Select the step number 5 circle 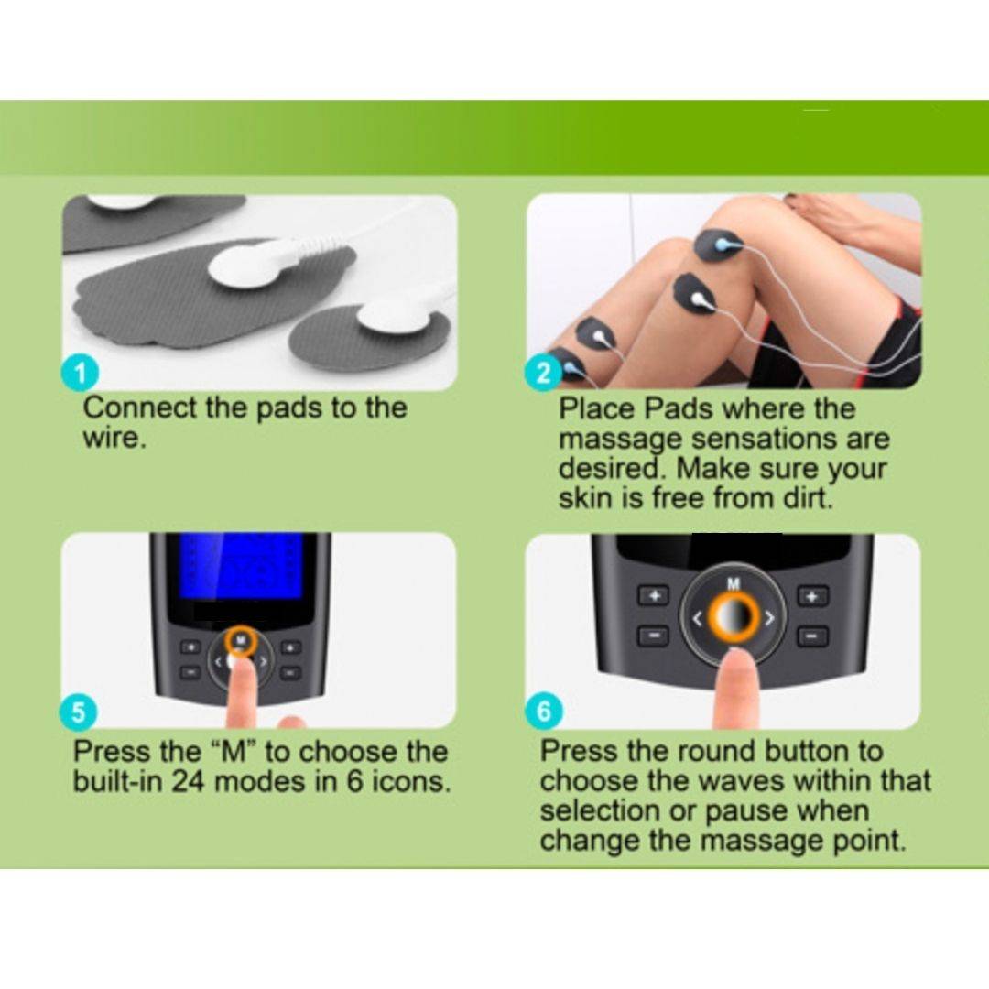pos(79,712)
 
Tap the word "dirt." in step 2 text pos(801,498)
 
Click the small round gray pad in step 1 pos(369,336)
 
